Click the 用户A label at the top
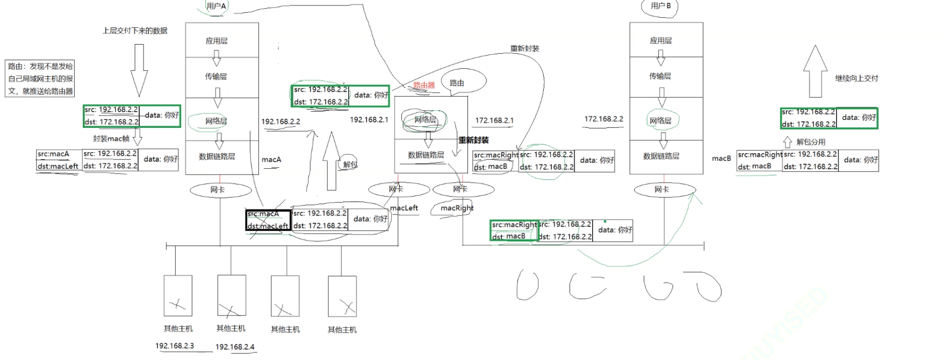tap(217, 6)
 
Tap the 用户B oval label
tap(660, 6)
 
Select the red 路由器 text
tap(423, 85)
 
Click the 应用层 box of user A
tap(217, 41)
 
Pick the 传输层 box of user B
tap(660, 76)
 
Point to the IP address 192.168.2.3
tap(175, 345)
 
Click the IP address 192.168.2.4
tap(235, 347)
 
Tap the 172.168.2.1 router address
tap(494, 120)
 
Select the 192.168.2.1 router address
tap(369, 119)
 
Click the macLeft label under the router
tap(404, 208)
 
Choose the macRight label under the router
tap(457, 208)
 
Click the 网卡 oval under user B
tap(661, 190)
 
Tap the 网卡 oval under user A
tap(218, 190)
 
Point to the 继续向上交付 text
tap(856, 78)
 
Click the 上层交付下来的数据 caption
tap(135, 31)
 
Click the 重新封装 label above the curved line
tap(524, 48)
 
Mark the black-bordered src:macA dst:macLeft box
tap(268, 220)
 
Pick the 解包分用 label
tap(810, 142)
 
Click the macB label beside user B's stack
tap(721, 159)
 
